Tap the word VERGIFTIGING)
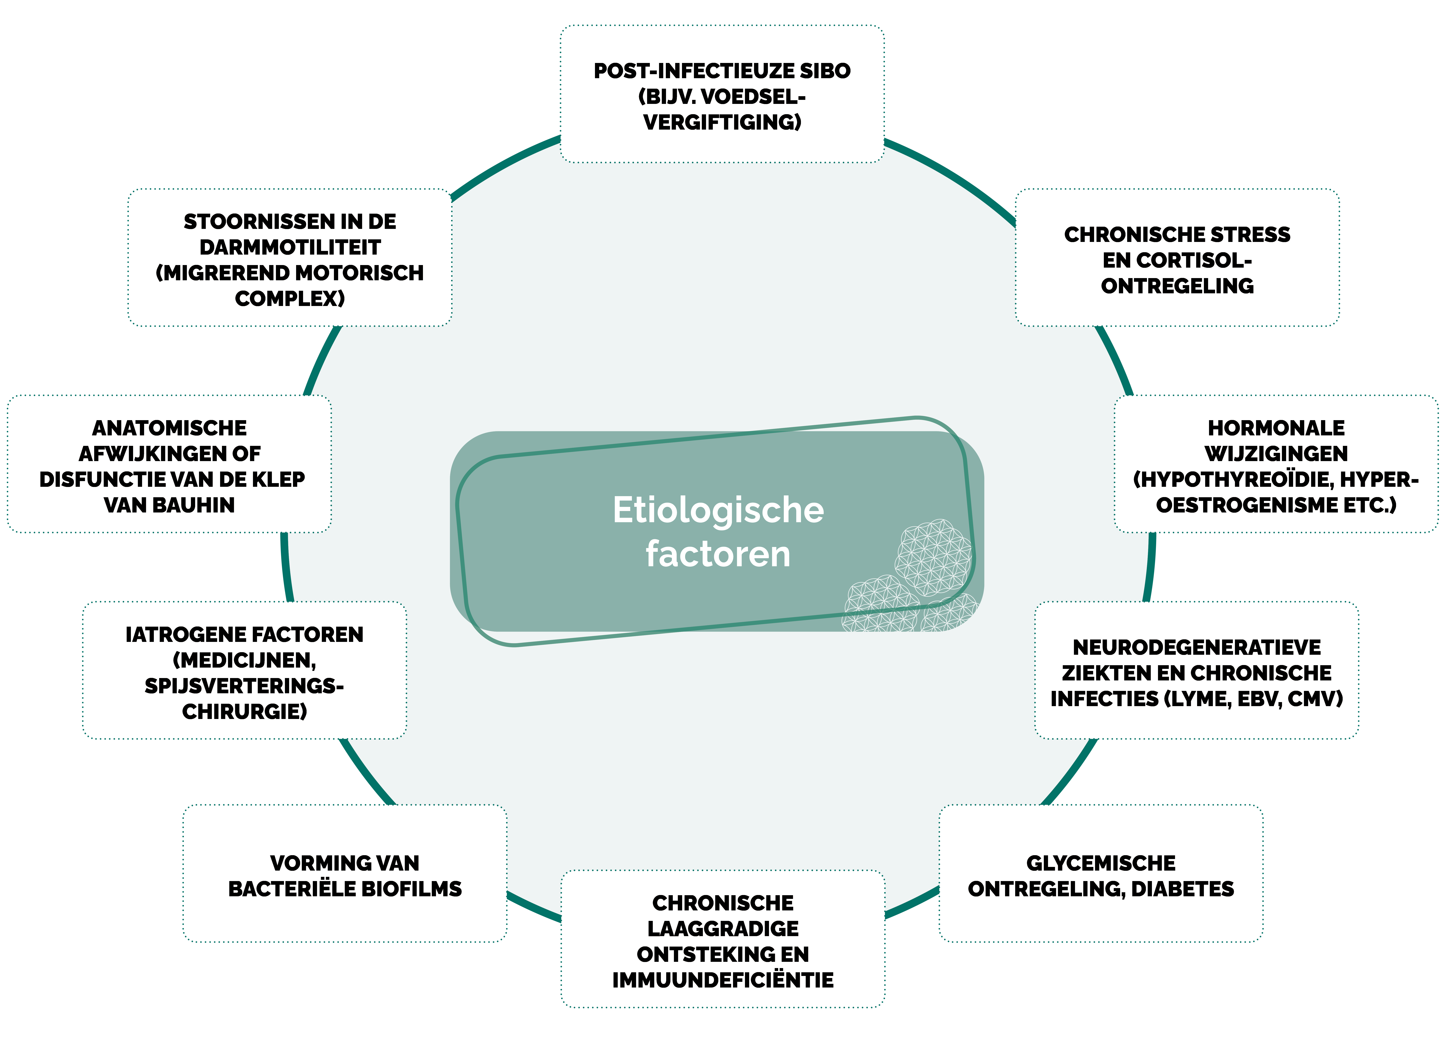click(722, 122)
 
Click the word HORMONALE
click(1276, 428)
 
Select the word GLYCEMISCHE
click(1101, 863)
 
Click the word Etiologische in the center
click(718, 510)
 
